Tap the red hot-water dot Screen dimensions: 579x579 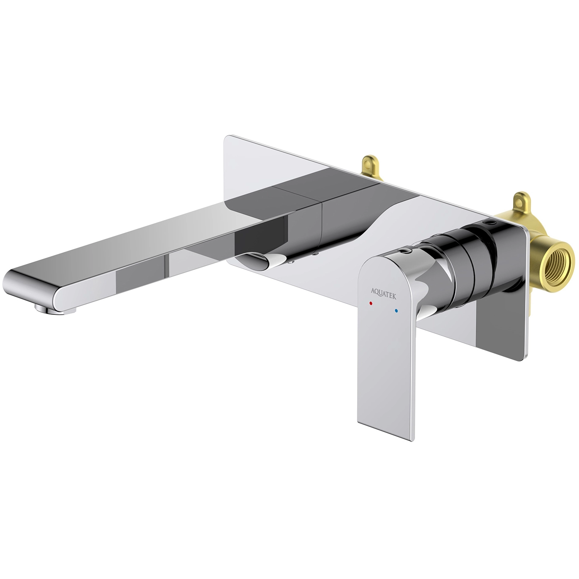pyautogui.click(x=371, y=304)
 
